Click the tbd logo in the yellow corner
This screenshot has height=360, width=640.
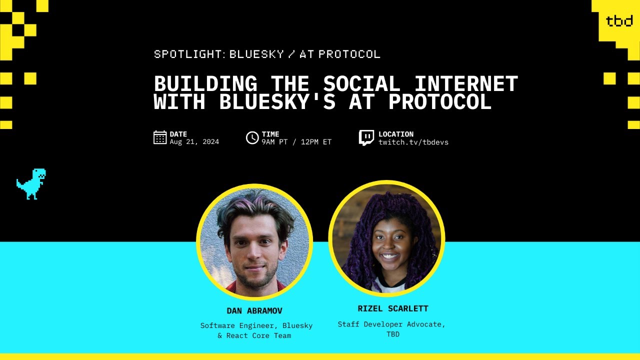(x=619, y=21)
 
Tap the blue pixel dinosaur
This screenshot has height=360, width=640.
(x=31, y=183)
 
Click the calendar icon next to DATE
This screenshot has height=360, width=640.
(x=160, y=137)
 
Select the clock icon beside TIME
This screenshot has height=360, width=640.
(x=252, y=137)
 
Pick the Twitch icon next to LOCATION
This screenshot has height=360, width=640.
(x=366, y=137)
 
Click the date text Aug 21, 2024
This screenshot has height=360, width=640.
(x=194, y=142)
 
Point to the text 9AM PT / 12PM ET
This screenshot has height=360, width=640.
(x=296, y=142)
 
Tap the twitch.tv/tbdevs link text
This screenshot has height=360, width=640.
(x=413, y=142)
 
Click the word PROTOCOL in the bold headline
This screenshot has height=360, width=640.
(x=440, y=102)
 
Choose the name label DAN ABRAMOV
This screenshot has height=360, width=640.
(x=254, y=311)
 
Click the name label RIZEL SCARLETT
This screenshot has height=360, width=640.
(x=393, y=308)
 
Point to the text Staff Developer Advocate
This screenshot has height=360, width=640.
(x=391, y=324)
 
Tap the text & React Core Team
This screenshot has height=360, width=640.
(x=254, y=335)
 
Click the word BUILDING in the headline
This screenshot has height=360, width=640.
(x=205, y=83)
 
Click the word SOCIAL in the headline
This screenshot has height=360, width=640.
(x=361, y=83)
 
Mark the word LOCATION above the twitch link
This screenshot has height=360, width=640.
(x=396, y=134)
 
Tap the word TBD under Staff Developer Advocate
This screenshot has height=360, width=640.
(x=393, y=334)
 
